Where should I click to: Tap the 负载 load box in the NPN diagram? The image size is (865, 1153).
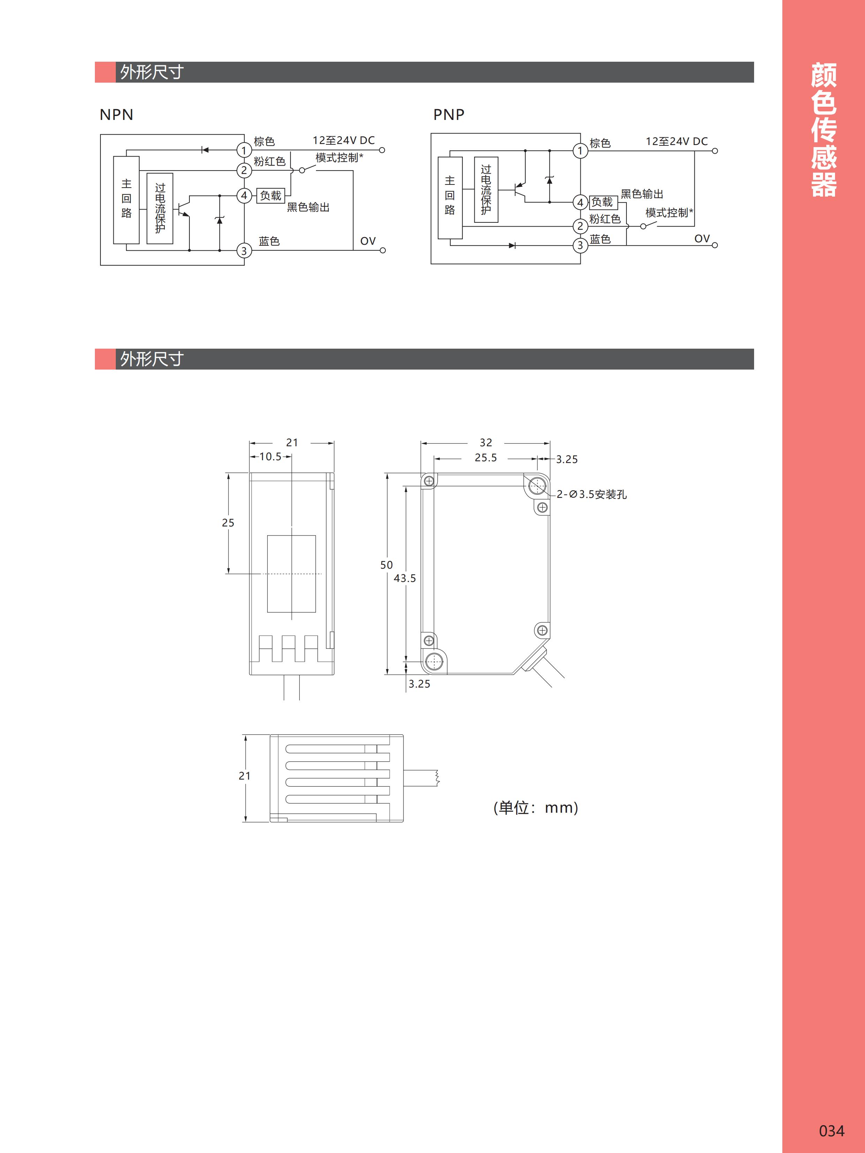click(x=271, y=196)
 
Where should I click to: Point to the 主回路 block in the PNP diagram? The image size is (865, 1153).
click(x=450, y=198)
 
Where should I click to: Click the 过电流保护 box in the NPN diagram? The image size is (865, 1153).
click(x=160, y=208)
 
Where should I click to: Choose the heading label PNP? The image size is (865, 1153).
click(x=449, y=115)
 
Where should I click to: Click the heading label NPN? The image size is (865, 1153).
click(x=116, y=115)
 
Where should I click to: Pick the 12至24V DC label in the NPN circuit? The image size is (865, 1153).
click(x=344, y=140)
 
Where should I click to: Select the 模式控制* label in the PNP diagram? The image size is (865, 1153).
click(x=669, y=213)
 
